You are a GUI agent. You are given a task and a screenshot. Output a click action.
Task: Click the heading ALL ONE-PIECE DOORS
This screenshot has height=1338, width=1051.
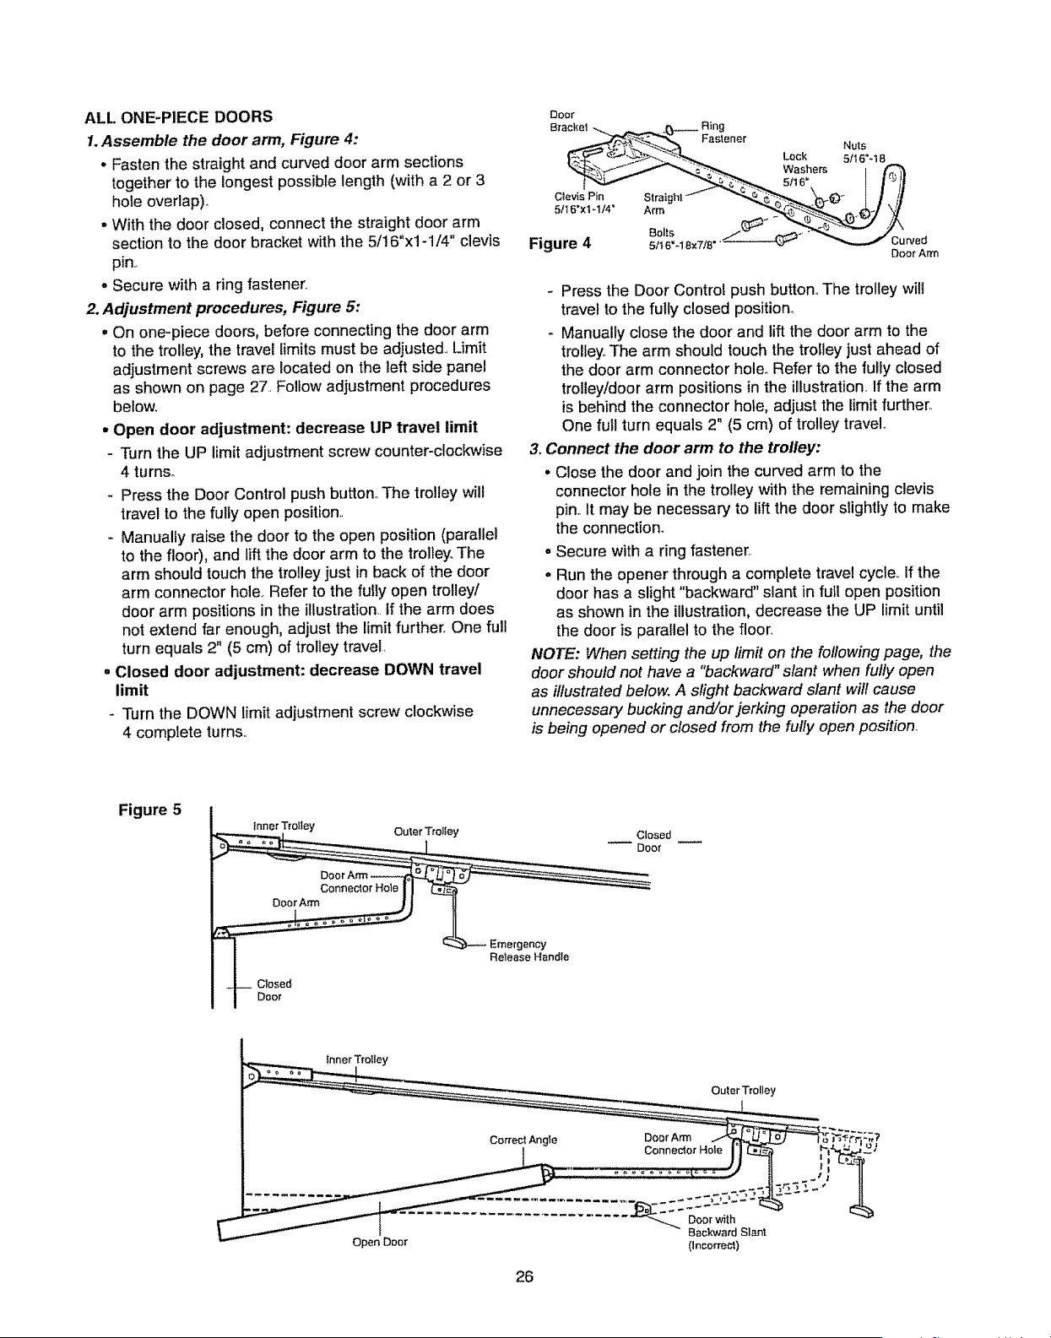179,116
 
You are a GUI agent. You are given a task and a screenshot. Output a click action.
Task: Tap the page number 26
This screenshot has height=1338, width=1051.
524,1276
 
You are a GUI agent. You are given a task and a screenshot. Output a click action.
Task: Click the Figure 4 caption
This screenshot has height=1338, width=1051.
560,243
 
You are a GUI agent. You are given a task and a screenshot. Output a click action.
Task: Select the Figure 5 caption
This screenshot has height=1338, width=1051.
150,810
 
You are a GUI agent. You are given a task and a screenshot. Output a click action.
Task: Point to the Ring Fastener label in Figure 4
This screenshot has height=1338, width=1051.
723,133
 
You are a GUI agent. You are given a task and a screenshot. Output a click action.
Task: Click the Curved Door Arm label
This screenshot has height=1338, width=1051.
914,246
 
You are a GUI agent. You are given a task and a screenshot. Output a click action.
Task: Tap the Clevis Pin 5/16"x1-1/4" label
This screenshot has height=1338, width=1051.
584,203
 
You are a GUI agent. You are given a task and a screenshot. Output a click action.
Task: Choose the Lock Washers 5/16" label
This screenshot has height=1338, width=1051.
805,169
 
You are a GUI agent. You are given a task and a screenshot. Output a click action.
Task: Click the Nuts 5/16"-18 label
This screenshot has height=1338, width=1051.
864,151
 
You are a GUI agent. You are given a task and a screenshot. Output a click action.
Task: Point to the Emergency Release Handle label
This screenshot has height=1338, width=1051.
529,951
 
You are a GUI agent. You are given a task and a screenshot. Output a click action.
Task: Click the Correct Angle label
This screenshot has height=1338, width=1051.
523,1140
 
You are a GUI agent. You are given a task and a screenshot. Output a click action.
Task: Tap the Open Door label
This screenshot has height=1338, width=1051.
380,1242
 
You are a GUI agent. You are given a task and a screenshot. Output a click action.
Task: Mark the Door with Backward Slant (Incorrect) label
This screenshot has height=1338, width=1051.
727,1232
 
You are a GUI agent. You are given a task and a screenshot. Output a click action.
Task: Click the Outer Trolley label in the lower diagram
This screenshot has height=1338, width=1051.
743,1090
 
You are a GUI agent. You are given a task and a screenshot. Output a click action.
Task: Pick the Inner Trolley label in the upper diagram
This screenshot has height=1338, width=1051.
284,825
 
